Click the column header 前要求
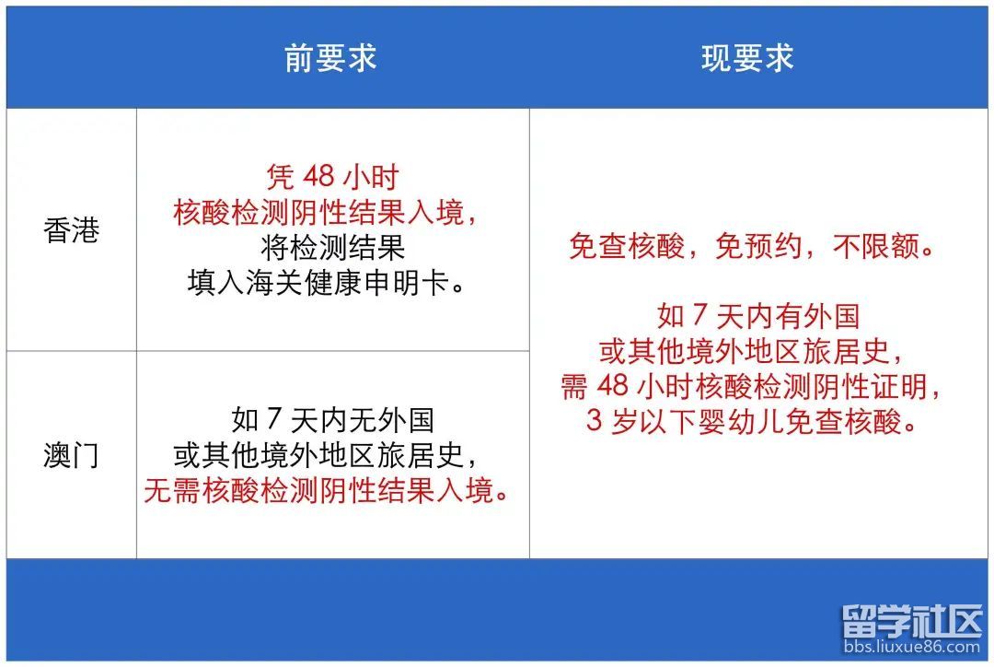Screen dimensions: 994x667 (330, 58)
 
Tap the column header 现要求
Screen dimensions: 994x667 (747, 58)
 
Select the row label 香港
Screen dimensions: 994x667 (72, 229)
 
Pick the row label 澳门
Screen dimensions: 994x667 (72, 455)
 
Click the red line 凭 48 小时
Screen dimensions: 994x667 (332, 177)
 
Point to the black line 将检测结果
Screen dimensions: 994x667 (332, 247)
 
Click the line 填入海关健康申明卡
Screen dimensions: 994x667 (326, 283)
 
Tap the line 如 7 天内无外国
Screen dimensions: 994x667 (332, 419)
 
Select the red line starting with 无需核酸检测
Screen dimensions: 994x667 (327, 490)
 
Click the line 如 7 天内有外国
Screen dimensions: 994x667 (758, 316)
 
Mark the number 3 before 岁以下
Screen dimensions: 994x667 (594, 421)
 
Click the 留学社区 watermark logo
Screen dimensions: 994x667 (912, 620)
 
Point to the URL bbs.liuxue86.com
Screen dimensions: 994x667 (912, 647)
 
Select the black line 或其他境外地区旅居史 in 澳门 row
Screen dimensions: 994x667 (325, 455)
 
